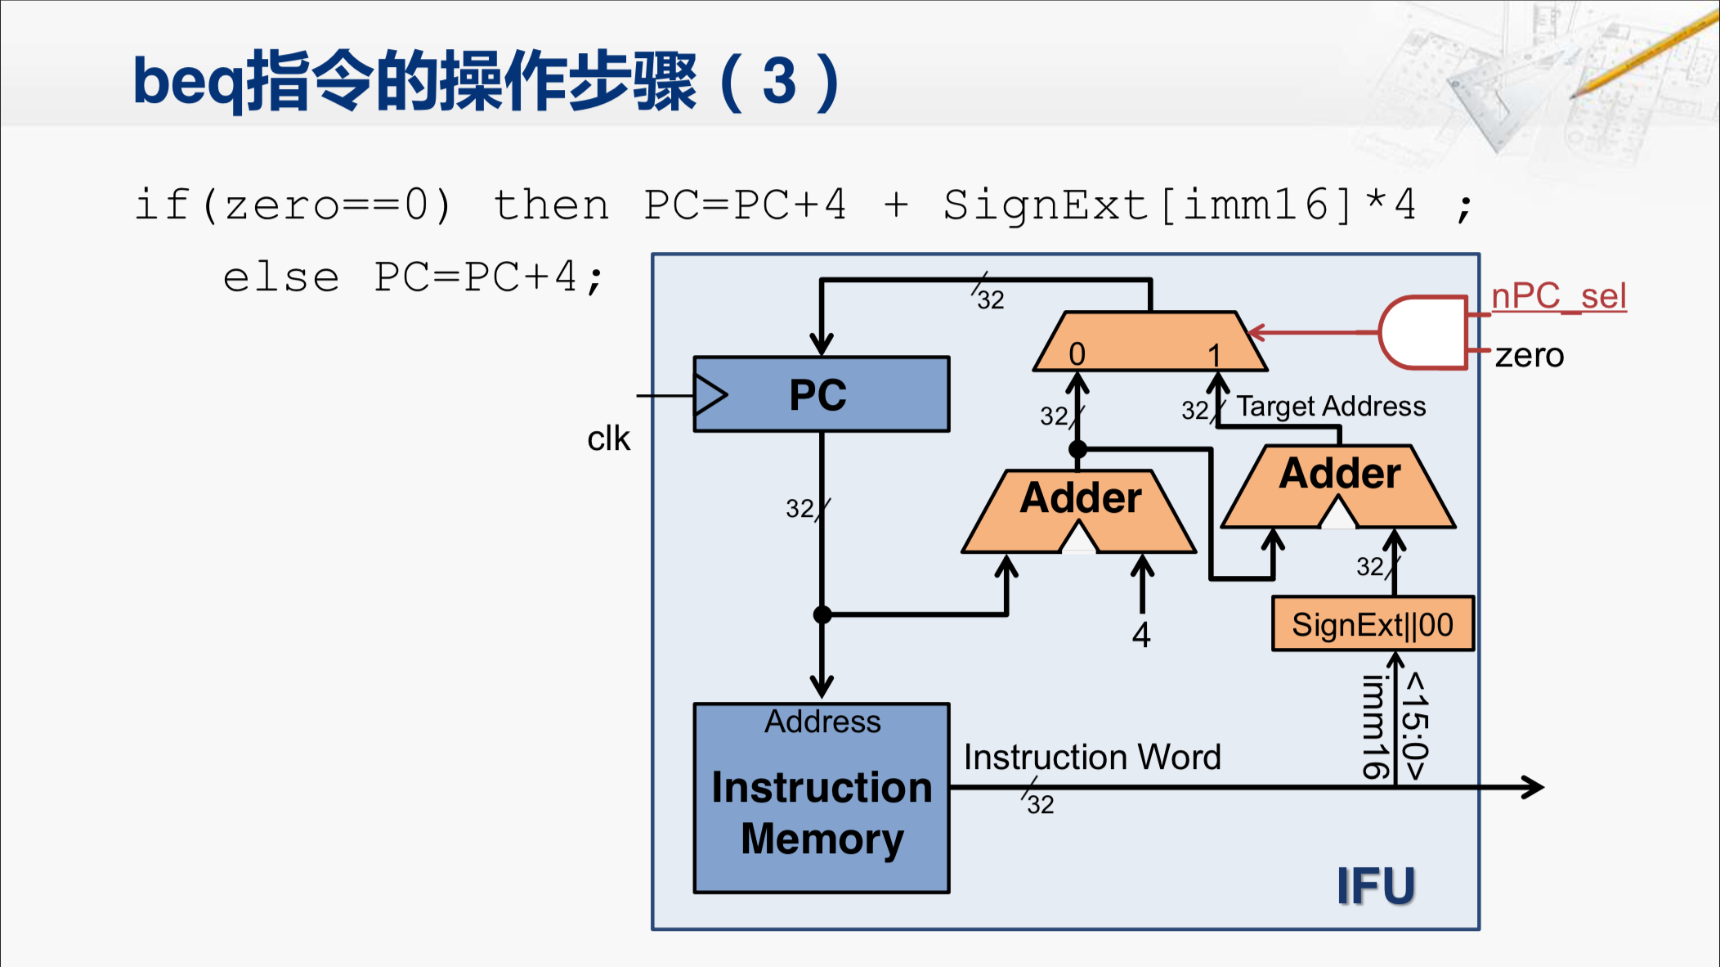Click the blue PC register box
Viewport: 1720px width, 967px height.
pyautogui.click(x=822, y=394)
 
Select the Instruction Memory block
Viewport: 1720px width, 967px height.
pyautogui.click(x=822, y=798)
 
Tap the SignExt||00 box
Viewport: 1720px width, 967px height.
pyautogui.click(x=1373, y=624)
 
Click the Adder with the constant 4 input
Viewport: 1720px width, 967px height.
pyautogui.click(x=1079, y=511)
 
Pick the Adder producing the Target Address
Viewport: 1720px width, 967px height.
pyautogui.click(x=1338, y=487)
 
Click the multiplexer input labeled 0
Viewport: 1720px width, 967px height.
pyautogui.click(x=1077, y=354)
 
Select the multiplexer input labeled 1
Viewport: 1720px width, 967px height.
pyautogui.click(x=1215, y=355)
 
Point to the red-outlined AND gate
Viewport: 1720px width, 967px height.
pyautogui.click(x=1423, y=333)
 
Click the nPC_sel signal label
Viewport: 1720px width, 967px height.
pyautogui.click(x=1559, y=296)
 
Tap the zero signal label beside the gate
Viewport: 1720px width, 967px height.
pyautogui.click(x=1530, y=356)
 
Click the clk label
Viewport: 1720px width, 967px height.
pyautogui.click(x=608, y=439)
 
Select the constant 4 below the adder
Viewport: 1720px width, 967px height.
pyautogui.click(x=1141, y=635)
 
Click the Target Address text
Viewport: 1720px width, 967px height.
pyautogui.click(x=1331, y=406)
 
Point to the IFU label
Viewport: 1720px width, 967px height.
pyautogui.click(x=1376, y=886)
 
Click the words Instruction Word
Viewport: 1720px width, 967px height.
pyautogui.click(x=1092, y=757)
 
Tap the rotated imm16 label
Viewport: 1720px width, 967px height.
pyautogui.click(x=1375, y=726)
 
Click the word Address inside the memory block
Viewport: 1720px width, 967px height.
pyautogui.click(x=822, y=722)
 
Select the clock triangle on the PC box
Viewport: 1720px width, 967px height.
pyautogui.click(x=710, y=396)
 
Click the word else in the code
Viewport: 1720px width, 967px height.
pyautogui.click(x=281, y=278)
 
